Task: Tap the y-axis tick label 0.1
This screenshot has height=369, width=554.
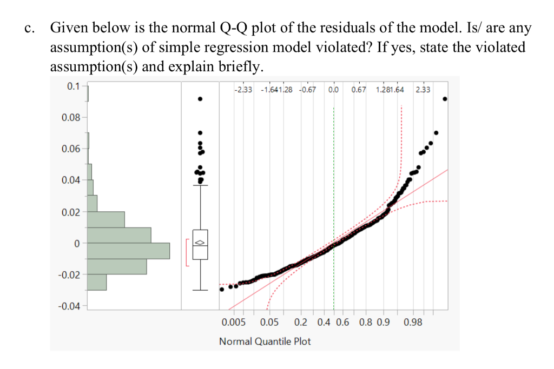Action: click(73, 86)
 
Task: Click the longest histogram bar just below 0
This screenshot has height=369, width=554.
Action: click(129, 251)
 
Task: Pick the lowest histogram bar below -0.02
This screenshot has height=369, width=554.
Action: click(97, 283)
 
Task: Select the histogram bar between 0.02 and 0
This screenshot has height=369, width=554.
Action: click(119, 235)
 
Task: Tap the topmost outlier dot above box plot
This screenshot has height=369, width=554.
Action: click(200, 99)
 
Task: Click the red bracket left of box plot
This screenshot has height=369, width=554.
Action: click(186, 252)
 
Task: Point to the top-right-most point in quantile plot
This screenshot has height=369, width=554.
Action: click(445, 99)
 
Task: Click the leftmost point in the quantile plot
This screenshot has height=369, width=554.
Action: click(222, 289)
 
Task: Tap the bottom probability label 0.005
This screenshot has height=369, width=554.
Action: click(234, 323)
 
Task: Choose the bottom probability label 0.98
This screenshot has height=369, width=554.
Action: click(413, 323)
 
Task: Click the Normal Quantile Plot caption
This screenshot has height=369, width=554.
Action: click(265, 341)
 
